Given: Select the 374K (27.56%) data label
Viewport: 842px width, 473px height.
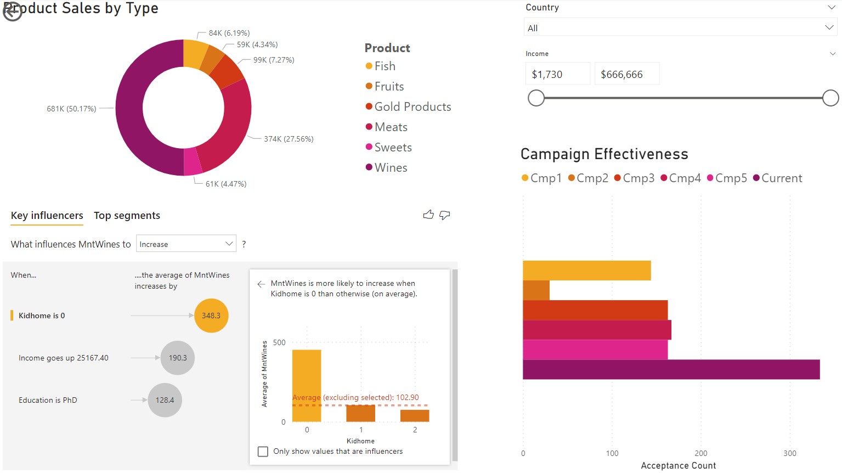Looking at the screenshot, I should point(289,139).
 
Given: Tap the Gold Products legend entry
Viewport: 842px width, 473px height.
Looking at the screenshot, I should point(412,107).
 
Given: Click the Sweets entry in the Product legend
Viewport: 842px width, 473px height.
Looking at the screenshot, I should point(392,148).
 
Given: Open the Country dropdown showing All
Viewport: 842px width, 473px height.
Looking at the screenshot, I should point(680,28).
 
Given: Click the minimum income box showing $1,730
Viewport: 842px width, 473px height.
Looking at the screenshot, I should point(557,74).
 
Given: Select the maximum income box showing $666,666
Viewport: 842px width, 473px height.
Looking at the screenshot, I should point(626,74).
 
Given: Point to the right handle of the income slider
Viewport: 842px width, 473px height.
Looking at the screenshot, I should point(830,98).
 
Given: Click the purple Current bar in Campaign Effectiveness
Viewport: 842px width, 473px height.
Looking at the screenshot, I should point(671,369).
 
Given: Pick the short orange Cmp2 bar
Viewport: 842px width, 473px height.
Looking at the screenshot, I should point(536,290).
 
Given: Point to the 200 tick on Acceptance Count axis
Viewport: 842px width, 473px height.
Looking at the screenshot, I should point(700,453).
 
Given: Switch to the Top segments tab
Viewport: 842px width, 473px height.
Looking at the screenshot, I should point(127,216).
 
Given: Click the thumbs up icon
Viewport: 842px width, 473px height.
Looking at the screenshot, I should point(428,215).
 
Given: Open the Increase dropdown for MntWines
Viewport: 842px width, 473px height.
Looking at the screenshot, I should point(186,244).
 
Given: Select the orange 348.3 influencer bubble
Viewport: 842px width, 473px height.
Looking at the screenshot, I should point(211,316).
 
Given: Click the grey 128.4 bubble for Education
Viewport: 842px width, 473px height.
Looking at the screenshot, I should point(165,400).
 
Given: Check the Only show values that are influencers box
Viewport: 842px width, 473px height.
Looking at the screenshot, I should point(263,452).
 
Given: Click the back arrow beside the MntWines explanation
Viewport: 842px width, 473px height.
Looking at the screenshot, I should point(261,284).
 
